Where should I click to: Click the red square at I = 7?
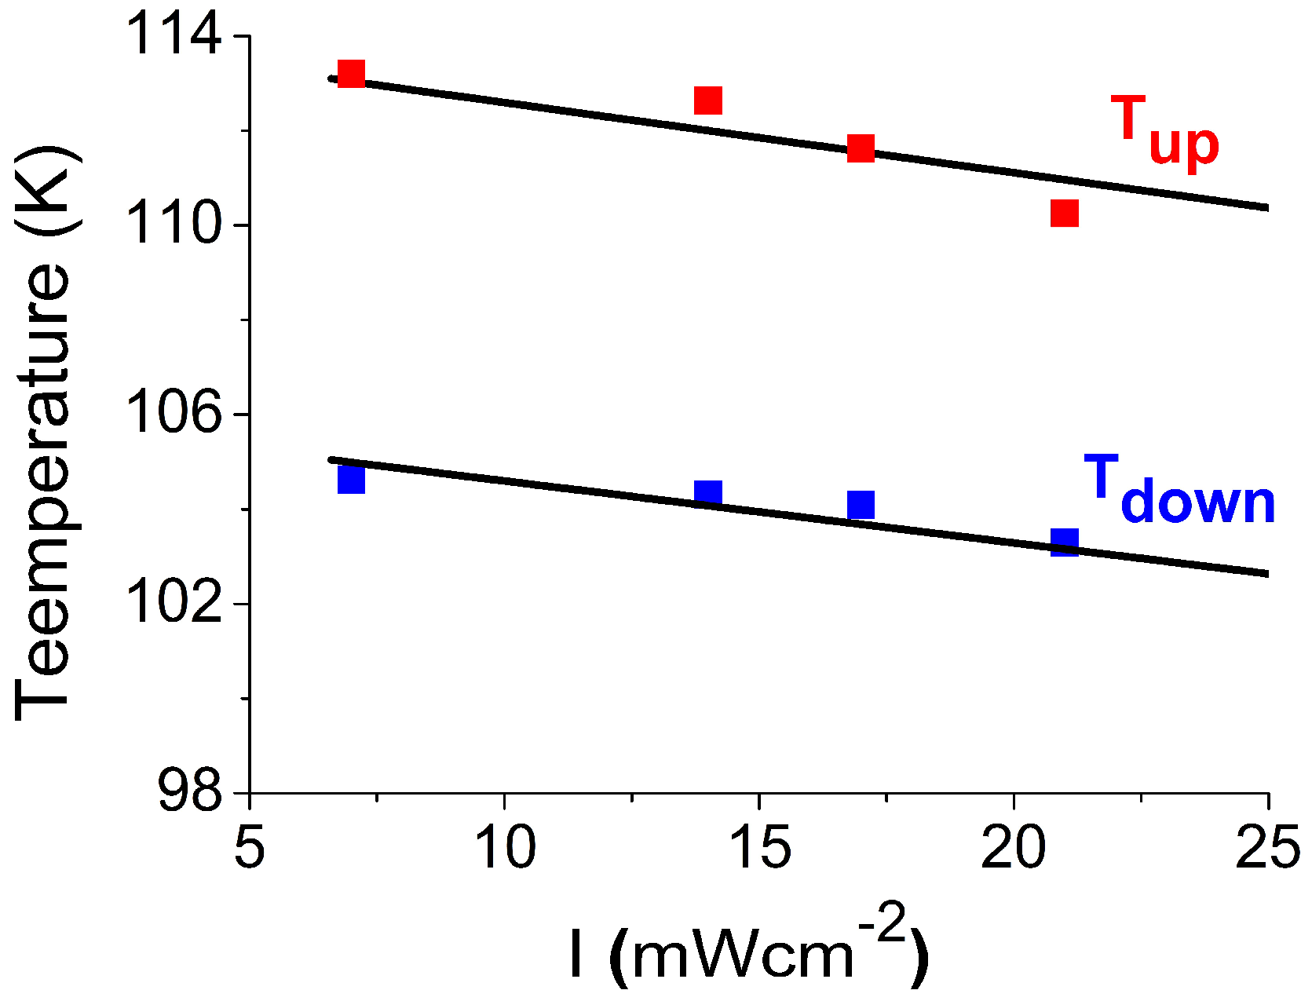[351, 74]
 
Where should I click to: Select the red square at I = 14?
[708, 100]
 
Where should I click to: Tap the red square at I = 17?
[861, 148]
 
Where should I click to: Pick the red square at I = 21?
[1065, 213]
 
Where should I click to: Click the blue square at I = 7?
[351, 480]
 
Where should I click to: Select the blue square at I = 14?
[708, 494]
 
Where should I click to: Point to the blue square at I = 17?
[861, 505]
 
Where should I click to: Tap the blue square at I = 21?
[1065, 542]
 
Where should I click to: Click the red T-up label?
[1164, 130]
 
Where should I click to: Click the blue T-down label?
[1179, 490]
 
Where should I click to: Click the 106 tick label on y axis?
[174, 413]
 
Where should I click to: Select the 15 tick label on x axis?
[759, 849]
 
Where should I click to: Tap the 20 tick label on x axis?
[1014, 849]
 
